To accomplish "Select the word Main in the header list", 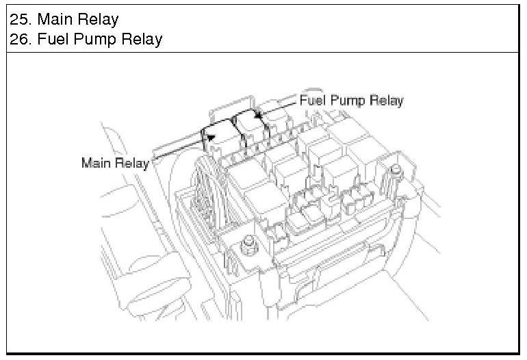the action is pyautogui.click(x=54, y=19).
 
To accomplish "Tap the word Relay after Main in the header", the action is pyautogui.click(x=97, y=20).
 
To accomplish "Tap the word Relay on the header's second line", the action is pyautogui.click(x=142, y=40).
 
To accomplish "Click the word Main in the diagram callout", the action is pyautogui.click(x=96, y=163).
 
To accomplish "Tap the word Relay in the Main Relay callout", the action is pyautogui.click(x=131, y=164).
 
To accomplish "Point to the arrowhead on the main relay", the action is pyautogui.click(x=211, y=137).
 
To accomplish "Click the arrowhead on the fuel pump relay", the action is pyautogui.click(x=258, y=114).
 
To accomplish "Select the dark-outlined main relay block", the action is pyautogui.click(x=222, y=141).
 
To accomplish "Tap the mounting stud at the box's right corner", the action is pyautogui.click(x=396, y=170).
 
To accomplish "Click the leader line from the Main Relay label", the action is pyautogui.click(x=179, y=148).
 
